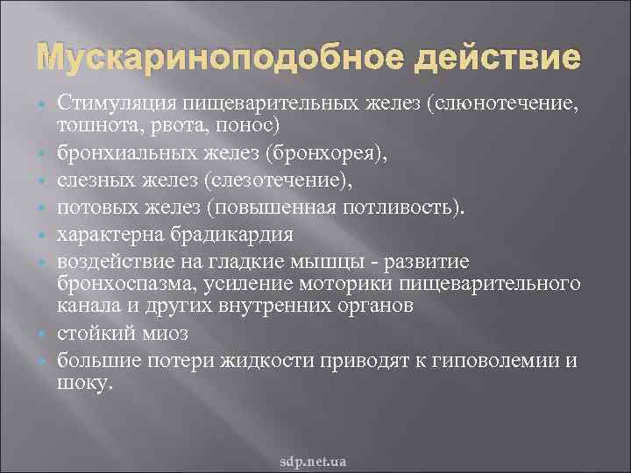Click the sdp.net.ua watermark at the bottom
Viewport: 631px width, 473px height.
[x=314, y=460]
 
